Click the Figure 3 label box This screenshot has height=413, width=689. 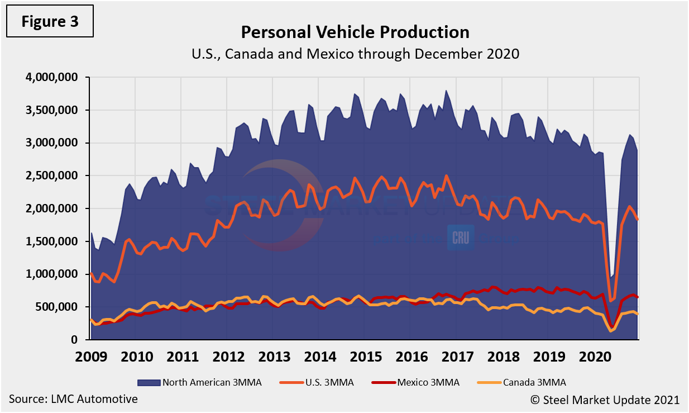[50, 22]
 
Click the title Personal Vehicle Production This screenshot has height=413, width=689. [355, 32]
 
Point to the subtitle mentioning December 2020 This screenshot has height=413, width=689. [355, 54]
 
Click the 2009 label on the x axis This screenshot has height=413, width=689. [91, 356]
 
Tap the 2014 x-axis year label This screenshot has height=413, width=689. [320, 356]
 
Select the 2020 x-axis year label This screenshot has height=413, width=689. [594, 356]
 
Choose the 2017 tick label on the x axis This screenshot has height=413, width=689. [457, 356]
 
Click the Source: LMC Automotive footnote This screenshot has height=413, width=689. [73, 399]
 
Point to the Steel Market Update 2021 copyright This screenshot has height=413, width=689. [605, 400]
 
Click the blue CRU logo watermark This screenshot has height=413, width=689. [461, 237]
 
